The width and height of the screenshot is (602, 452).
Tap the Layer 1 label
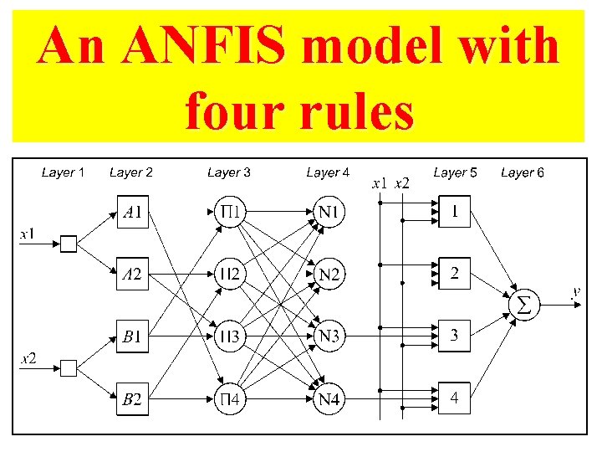[x=63, y=172]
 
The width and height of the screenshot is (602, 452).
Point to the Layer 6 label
[x=523, y=172]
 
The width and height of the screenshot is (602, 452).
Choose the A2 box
[x=132, y=275]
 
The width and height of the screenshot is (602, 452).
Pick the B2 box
[x=132, y=399]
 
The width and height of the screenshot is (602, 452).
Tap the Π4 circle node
[x=231, y=399]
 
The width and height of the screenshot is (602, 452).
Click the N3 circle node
[x=329, y=337]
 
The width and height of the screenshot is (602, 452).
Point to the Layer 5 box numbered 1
[x=454, y=213]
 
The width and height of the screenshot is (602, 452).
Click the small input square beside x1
[x=69, y=244]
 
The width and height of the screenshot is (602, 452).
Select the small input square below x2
[x=69, y=368]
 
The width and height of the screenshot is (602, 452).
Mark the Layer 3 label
[x=229, y=172]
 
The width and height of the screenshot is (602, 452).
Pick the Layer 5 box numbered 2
[x=454, y=275]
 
